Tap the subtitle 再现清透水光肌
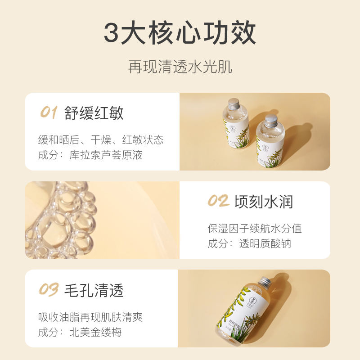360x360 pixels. point(180,67)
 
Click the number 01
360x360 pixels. point(49,112)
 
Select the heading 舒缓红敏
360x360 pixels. point(94,113)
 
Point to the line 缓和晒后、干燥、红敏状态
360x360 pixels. point(101,139)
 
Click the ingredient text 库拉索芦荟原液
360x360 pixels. point(106,155)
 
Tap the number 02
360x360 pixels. point(218,201)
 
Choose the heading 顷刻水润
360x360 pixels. point(263,202)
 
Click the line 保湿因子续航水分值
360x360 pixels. point(255,228)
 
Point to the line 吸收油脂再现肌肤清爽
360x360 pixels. point(90,317)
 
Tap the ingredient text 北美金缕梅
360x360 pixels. point(96,333)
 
